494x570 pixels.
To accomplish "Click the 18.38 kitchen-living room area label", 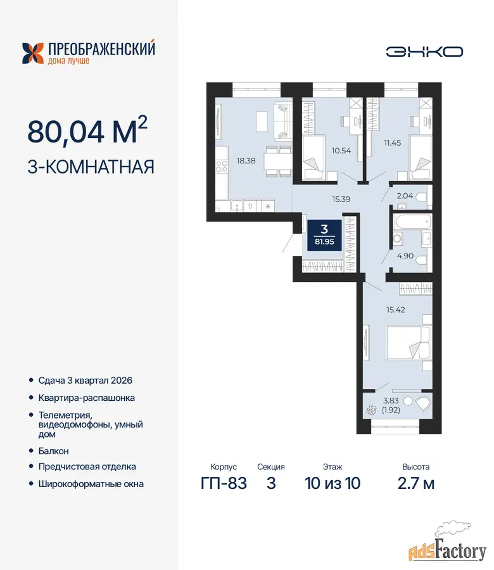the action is [246, 161].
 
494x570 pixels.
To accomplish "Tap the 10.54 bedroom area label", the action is [341, 151].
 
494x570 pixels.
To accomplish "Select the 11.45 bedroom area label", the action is [393, 143].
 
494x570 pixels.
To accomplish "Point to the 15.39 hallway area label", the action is [341, 199].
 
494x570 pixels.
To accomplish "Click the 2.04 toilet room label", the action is [405, 196].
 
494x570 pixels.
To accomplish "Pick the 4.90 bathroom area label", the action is [405, 256].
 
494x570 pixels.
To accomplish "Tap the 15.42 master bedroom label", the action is [395, 310].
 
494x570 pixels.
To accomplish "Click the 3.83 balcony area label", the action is [391, 401].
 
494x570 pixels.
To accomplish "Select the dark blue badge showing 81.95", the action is [325, 235].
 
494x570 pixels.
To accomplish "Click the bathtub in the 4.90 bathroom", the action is [412, 222].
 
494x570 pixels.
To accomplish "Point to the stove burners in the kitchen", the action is [222, 167].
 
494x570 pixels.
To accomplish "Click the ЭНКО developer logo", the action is [424, 52].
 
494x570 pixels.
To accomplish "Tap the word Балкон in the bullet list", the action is [53, 451].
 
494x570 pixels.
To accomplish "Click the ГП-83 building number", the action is [224, 483].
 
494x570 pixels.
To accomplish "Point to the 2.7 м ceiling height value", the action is [416, 483].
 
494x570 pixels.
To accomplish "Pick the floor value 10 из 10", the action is [332, 483].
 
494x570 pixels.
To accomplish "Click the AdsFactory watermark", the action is [448, 550].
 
